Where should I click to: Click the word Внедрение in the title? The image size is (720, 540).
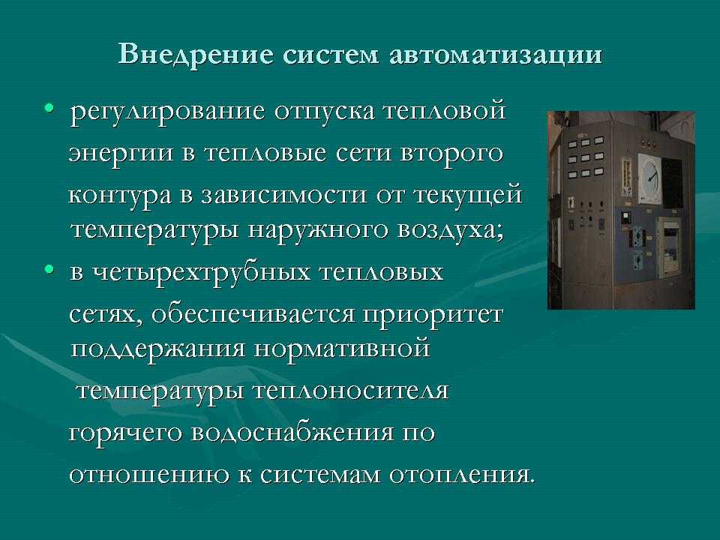click(x=196, y=55)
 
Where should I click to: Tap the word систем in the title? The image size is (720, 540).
click(x=331, y=55)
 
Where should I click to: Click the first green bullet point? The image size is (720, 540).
click(x=49, y=108)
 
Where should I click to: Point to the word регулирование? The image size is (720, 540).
click(x=167, y=112)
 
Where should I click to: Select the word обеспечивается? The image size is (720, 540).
click(x=253, y=314)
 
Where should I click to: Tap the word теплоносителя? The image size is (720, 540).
click(x=351, y=391)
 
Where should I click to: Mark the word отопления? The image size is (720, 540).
click(x=462, y=475)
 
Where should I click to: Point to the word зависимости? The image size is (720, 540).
click(x=283, y=195)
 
